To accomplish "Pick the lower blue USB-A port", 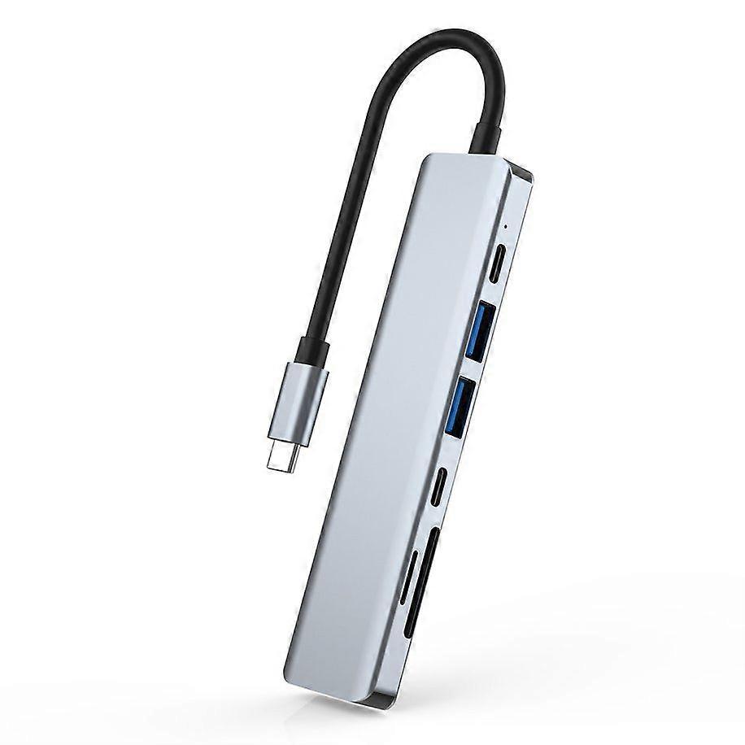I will pyautogui.click(x=460, y=404).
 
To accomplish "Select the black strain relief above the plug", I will pyautogui.click(x=313, y=349).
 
